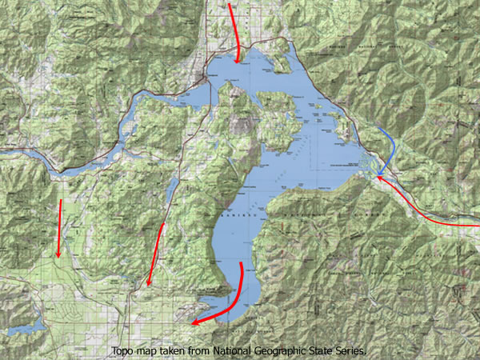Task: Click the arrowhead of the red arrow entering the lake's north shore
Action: pos(238,58)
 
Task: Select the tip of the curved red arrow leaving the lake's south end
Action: pos(193,324)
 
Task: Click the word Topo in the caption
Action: pos(124,351)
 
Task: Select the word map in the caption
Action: pos(149,351)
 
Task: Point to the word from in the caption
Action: pos(202,351)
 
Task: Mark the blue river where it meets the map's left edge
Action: pos(3,150)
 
